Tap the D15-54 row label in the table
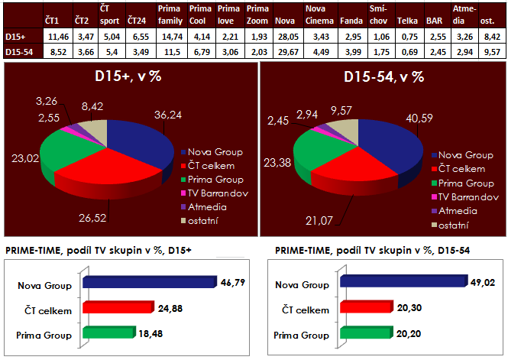pyautogui.click(x=18, y=50)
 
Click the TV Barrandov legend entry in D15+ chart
pyautogui.click(x=216, y=196)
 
